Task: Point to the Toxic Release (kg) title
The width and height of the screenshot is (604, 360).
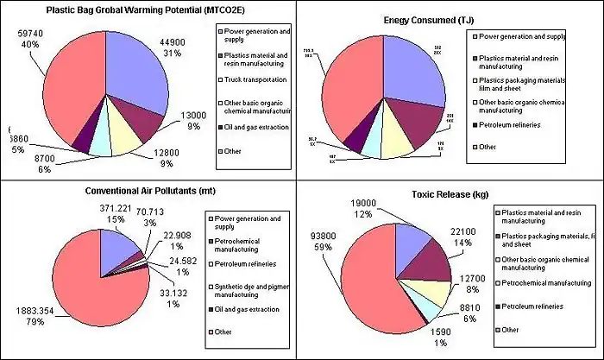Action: [x=451, y=191]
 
